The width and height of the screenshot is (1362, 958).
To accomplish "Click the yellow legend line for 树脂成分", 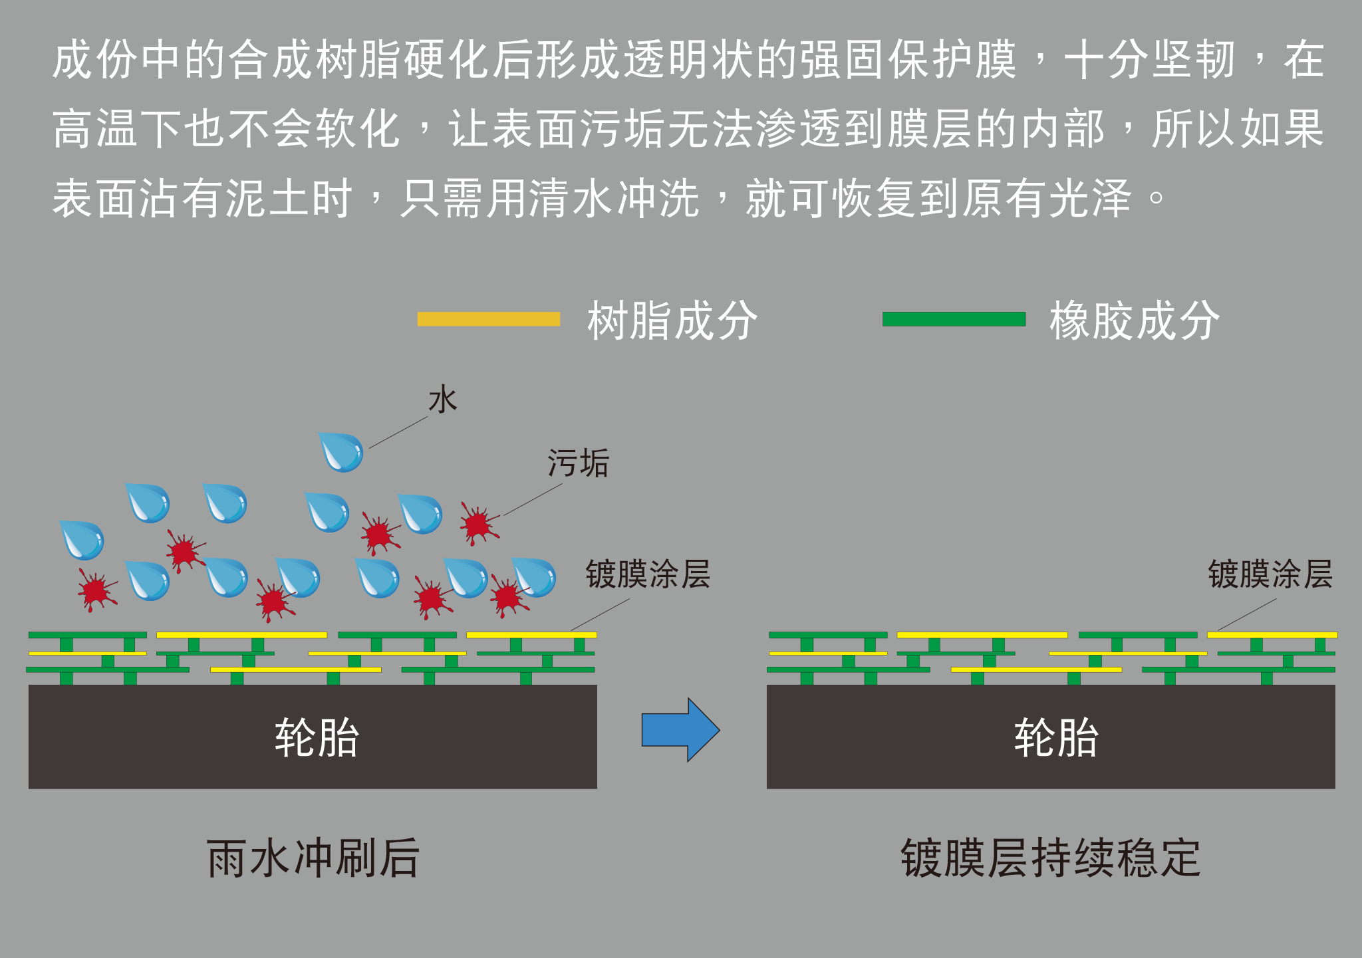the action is coord(488,319).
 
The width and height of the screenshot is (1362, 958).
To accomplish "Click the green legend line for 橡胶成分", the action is coord(954,319).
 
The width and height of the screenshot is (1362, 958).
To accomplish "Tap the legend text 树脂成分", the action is coord(672,320).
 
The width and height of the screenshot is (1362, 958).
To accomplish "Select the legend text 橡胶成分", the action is coord(1135,320).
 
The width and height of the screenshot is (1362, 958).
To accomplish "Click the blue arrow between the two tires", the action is coord(680,729).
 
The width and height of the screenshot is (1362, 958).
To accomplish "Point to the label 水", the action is coord(443,400).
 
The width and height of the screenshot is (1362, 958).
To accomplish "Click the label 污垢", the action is coord(578,463).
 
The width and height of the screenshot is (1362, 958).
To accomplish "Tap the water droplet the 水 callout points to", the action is coord(342,452).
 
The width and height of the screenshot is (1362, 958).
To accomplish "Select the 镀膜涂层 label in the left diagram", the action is coord(648,574).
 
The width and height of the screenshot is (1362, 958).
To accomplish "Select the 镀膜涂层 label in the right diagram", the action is coord(1270,574).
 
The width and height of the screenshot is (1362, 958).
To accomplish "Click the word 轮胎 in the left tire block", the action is coord(317,737).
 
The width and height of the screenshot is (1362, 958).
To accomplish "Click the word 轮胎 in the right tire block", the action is coord(1056,737).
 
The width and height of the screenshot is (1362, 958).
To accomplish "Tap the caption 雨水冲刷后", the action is coord(313,858).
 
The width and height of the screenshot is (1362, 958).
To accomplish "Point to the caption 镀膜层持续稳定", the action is coord(1051,858).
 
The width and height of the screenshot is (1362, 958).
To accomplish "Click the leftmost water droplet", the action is coord(82,540).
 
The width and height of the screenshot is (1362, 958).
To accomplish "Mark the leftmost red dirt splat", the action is coord(96,590).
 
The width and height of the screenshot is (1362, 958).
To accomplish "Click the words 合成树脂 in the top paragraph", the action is coord(317,60).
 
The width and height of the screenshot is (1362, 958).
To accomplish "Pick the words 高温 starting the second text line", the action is coord(96,129).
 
